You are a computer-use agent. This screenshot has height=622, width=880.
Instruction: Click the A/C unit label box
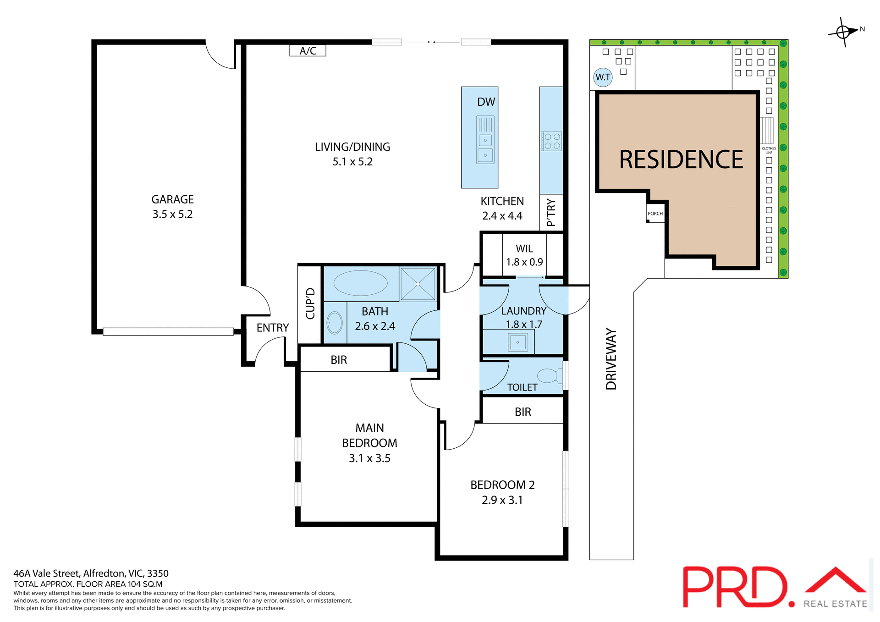[308, 50]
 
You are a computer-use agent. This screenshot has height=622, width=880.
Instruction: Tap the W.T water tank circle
[603, 77]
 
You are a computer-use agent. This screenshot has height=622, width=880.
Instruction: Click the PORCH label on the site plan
[655, 214]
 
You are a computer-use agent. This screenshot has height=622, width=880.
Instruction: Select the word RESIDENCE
[681, 160]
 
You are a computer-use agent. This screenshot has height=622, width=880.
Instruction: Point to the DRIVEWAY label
[611, 359]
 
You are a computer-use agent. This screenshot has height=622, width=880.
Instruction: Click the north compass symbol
[843, 32]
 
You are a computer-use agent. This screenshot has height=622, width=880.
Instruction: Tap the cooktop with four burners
[551, 141]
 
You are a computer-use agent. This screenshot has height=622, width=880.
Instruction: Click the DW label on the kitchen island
[486, 102]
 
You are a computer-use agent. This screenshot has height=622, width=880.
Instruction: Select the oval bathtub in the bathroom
[360, 283]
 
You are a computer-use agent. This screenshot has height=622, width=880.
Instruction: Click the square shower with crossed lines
[418, 284]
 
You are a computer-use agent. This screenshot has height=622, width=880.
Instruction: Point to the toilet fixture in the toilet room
[549, 376]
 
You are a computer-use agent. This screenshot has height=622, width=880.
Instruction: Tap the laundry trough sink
[517, 342]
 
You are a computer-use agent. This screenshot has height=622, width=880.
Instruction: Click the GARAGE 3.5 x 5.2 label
[172, 207]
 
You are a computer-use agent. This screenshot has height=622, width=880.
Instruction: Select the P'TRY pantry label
[551, 212]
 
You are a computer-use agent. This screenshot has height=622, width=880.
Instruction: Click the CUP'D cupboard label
[310, 303]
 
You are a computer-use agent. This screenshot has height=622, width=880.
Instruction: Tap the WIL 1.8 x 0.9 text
[524, 255]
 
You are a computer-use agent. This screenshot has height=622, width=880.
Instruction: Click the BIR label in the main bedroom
[339, 360]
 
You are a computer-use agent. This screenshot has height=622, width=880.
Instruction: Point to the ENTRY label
[272, 328]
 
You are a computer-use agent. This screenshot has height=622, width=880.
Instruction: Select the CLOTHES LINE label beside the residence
[769, 150]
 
